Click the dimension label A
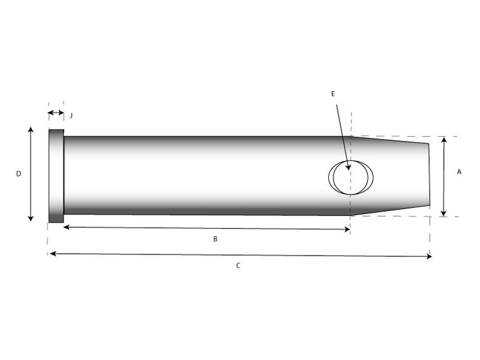[459, 172]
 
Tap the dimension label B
[215, 239]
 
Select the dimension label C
[238, 265]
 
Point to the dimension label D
[19, 173]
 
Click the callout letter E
[333, 94]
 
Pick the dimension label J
[71, 114]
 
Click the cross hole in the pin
[350, 178]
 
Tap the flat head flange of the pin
[56, 176]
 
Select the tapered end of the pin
[390, 175]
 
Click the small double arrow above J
[55, 113]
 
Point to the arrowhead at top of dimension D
[31, 130]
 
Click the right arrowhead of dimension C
[428, 257]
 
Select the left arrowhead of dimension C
[52, 254]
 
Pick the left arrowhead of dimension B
[65, 227]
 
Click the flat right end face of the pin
[429, 175]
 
